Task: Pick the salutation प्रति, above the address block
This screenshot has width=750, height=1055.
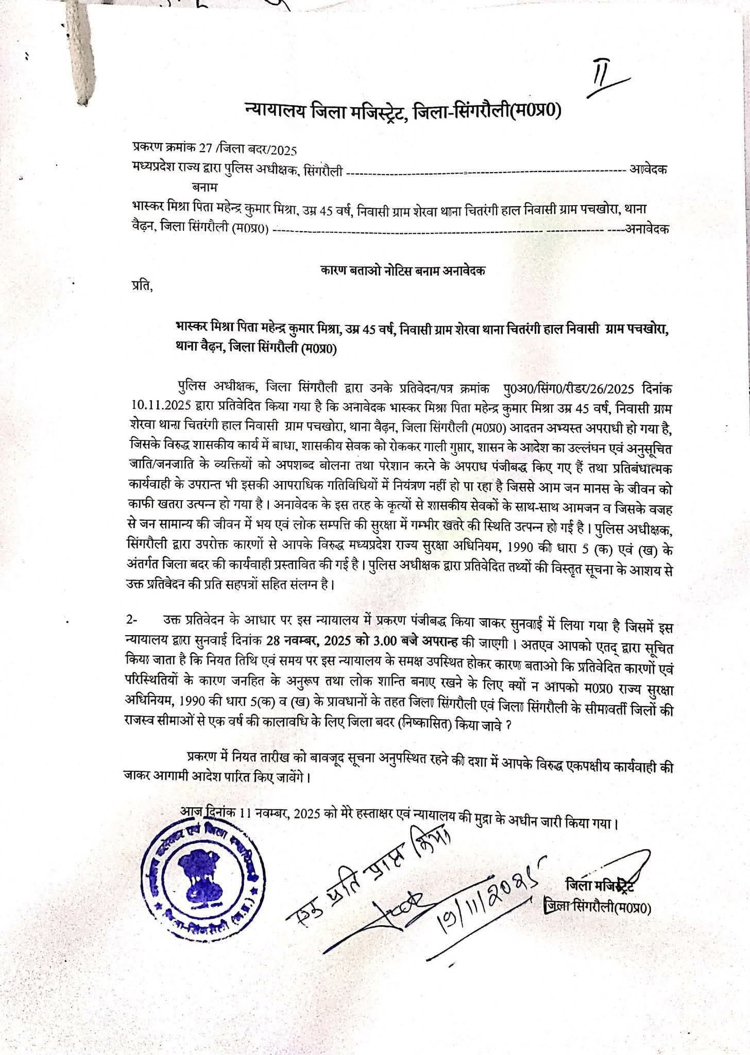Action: pyautogui.click(x=142, y=285)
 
